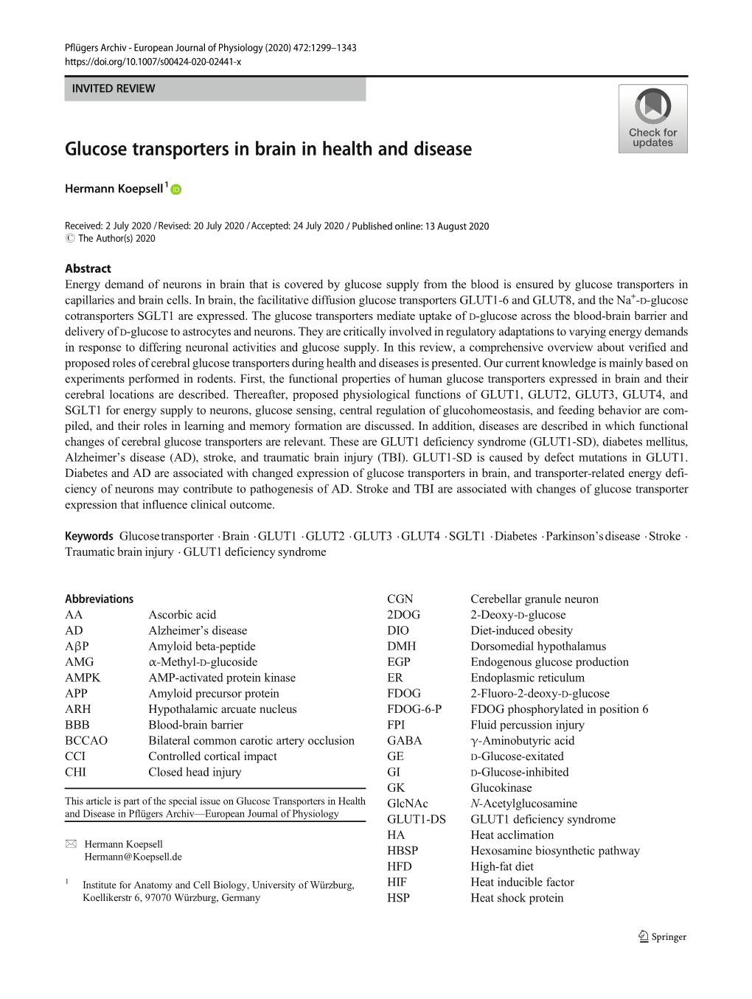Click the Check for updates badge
[x=652, y=118]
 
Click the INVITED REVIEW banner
[x=215, y=88]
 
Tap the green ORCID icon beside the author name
[x=176, y=189]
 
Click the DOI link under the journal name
[x=153, y=62]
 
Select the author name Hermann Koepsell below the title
[x=114, y=189]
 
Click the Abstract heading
[x=88, y=269]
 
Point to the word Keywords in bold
[x=88, y=536]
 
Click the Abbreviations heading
[x=99, y=599]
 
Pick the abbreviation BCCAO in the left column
[x=86, y=740]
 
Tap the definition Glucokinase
[x=501, y=787]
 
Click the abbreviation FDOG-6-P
[x=414, y=709]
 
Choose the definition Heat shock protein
[x=517, y=898]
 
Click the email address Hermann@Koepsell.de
[x=133, y=857]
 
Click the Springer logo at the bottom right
[x=662, y=937]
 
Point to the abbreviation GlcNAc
[x=407, y=804]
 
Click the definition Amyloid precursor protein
[x=213, y=693]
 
